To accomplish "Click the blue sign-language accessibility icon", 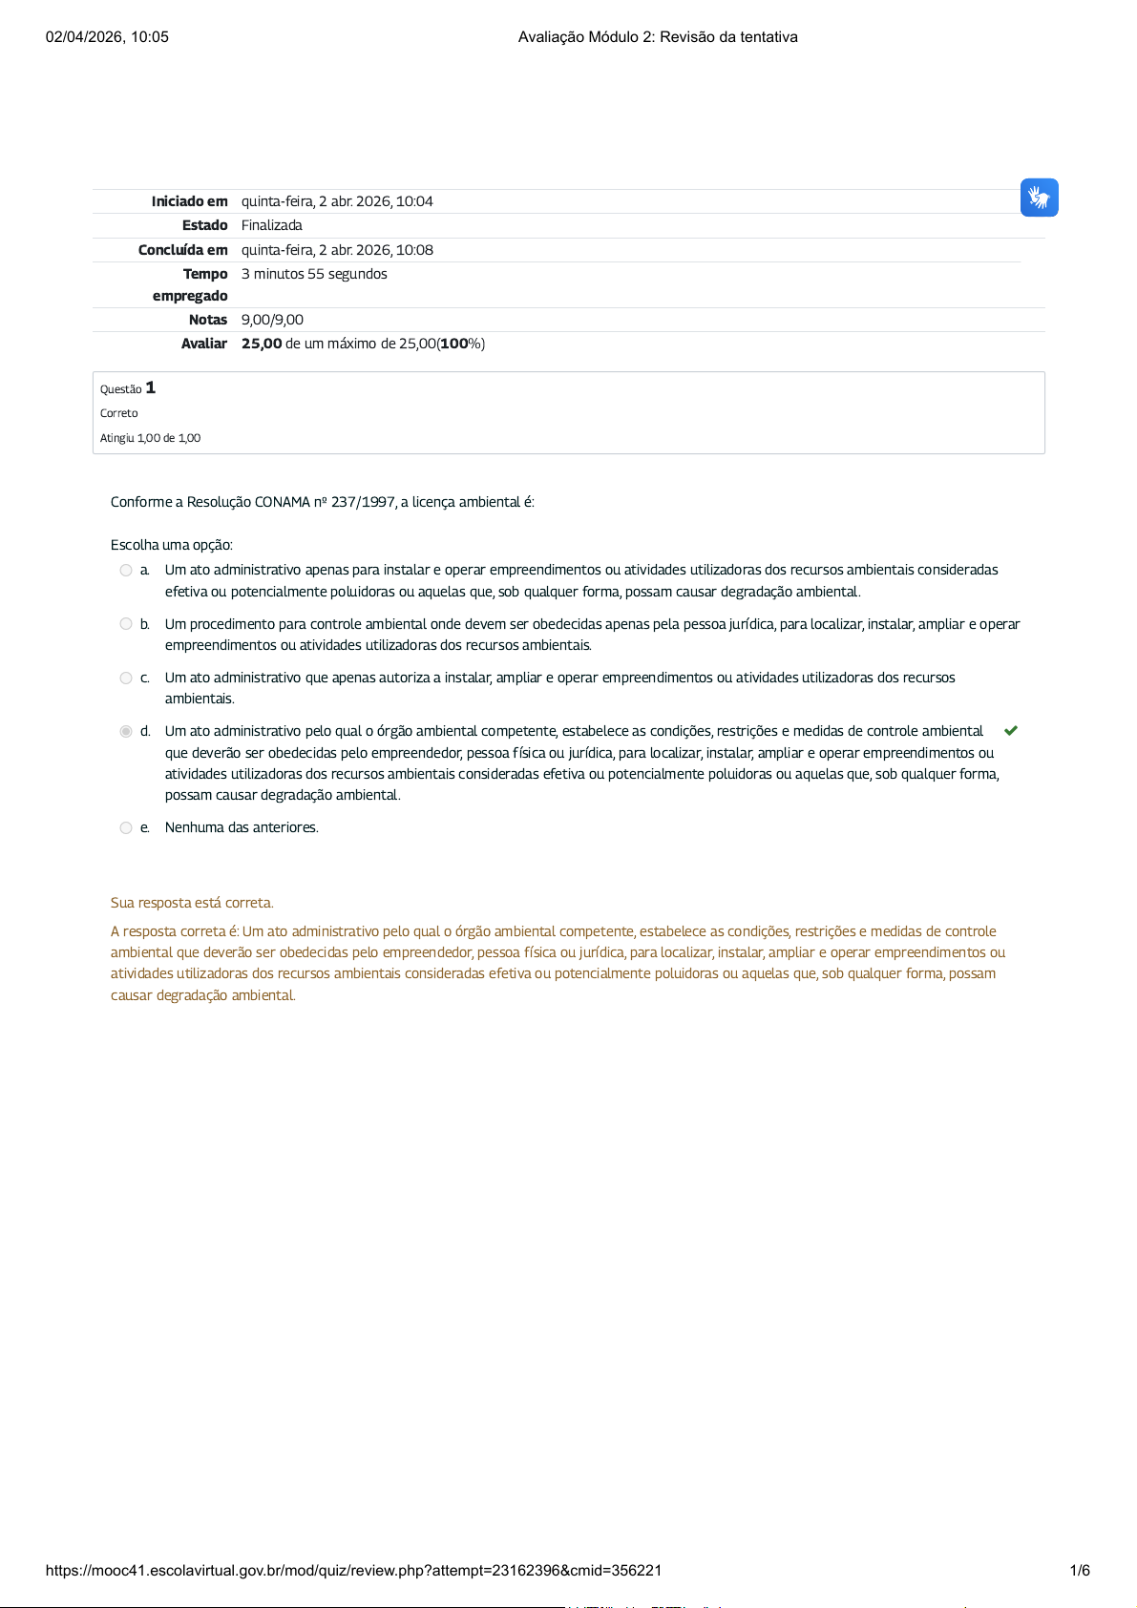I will pyautogui.click(x=1039, y=198).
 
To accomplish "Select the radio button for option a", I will pyautogui.click(x=126, y=571).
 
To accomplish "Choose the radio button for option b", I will pyautogui.click(x=126, y=624).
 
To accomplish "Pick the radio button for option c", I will pyautogui.click(x=126, y=679).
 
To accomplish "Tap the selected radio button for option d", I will pyautogui.click(x=126, y=732).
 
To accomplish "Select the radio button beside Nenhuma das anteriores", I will pyautogui.click(x=126, y=828).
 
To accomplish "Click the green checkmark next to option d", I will pyautogui.click(x=1011, y=731).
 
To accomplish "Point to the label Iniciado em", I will pyautogui.click(x=189, y=201).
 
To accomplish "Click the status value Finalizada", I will pyautogui.click(x=271, y=225).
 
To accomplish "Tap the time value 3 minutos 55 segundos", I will pyautogui.click(x=314, y=274).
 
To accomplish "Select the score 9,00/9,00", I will pyautogui.click(x=272, y=320).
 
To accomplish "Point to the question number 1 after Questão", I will pyautogui.click(x=151, y=387).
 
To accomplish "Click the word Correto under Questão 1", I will pyautogui.click(x=119, y=413).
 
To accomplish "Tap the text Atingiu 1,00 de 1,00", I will pyautogui.click(x=150, y=438).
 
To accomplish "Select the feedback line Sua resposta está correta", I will pyautogui.click(x=192, y=903).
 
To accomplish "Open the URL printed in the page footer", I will pyautogui.click(x=353, y=1571).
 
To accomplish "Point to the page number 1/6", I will pyautogui.click(x=1080, y=1571).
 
